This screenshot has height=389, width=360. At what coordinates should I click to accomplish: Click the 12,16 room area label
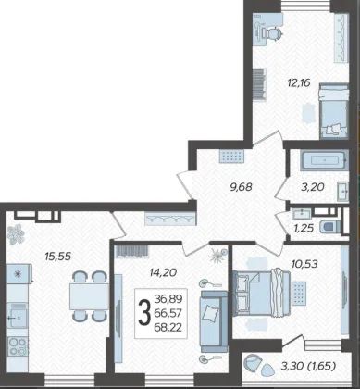[x=299, y=83]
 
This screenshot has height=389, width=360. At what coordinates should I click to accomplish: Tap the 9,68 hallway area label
[x=242, y=187]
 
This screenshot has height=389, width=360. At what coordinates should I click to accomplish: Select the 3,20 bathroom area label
[x=314, y=187]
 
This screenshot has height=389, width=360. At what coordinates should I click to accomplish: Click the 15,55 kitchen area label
[x=58, y=256]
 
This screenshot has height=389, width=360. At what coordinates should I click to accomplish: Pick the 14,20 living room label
[x=163, y=272]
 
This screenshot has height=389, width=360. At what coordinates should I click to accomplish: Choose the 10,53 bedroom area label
[x=304, y=264]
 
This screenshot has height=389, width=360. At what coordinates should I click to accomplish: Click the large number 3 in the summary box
[x=144, y=314]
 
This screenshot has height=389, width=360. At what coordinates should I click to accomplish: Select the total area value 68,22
[x=168, y=327]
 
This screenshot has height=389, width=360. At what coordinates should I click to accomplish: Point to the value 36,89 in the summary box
[x=168, y=299]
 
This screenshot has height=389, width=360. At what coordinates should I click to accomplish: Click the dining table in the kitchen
[x=89, y=296]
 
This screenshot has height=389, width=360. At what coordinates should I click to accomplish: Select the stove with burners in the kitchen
[x=18, y=346]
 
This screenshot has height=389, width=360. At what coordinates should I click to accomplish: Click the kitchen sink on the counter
[x=18, y=315]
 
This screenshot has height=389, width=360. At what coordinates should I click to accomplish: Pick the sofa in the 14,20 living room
[x=214, y=321]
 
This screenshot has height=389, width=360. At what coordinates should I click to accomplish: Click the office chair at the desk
[x=273, y=32]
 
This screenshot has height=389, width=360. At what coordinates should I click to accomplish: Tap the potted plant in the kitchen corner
[x=16, y=234]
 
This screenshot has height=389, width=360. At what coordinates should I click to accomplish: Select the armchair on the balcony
[x=253, y=362]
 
